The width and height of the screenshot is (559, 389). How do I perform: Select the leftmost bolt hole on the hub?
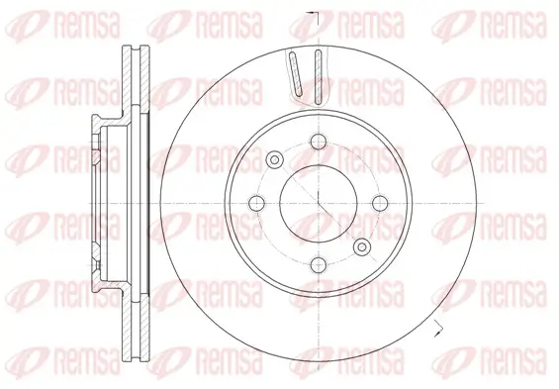click(x=256, y=203)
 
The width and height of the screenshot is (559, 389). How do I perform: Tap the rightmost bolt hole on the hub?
click(x=380, y=203)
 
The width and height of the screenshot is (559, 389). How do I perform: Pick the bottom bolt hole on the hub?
click(x=319, y=264)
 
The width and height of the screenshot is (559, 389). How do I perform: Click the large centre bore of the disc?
click(x=319, y=203)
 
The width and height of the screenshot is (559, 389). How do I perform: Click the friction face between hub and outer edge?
click(x=435, y=203)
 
